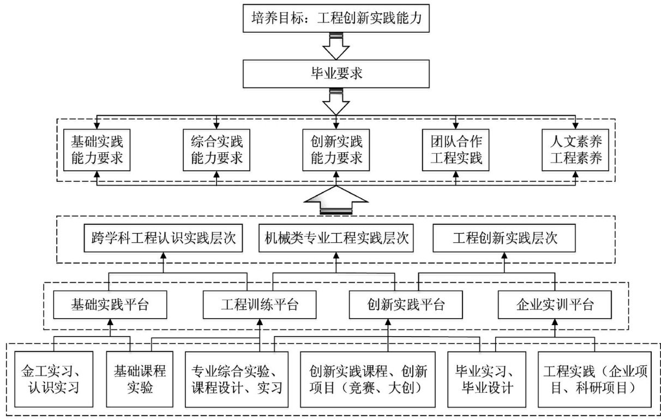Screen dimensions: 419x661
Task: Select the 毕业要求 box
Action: tap(335, 74)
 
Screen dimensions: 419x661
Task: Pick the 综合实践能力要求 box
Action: tap(217, 149)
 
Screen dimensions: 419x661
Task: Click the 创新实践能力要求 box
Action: tap(335, 149)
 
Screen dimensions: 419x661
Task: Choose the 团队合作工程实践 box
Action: tap(455, 149)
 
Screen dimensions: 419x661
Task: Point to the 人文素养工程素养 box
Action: tap(575, 149)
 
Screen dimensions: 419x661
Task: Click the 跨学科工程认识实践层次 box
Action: tap(164, 239)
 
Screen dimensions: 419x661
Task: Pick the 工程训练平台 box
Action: tap(259, 304)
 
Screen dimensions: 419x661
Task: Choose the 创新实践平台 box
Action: tap(406, 304)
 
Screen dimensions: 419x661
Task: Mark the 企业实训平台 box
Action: tap(554, 304)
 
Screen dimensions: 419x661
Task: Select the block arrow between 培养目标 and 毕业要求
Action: tap(335, 45)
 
